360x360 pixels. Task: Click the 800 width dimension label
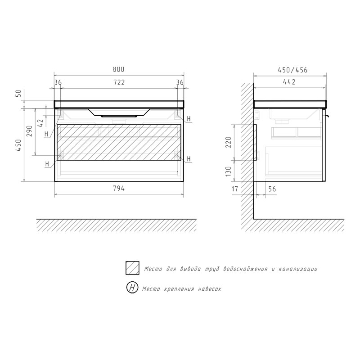(118, 69)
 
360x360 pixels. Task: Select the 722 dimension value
(119, 82)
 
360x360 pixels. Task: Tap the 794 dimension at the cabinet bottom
(119, 189)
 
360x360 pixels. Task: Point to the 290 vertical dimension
(30, 131)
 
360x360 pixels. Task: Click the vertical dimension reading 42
(40, 123)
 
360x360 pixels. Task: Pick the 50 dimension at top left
(18, 93)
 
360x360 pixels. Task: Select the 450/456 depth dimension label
(293, 70)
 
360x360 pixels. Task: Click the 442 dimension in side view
(289, 82)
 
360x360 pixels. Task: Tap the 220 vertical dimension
(228, 142)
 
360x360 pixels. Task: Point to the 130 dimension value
(228, 171)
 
